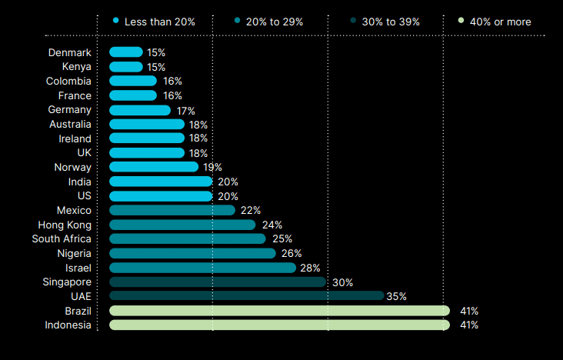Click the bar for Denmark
126,52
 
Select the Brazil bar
279,311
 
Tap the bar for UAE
246,296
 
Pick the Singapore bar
218,282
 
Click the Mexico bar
172,210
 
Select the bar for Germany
140,110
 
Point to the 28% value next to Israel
309,268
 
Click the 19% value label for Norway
212,167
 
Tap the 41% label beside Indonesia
469,325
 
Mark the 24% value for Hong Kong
272,225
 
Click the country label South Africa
62,238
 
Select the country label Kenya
77,67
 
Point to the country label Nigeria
74,253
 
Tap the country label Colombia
68,82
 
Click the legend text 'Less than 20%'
159,22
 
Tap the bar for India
161,182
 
